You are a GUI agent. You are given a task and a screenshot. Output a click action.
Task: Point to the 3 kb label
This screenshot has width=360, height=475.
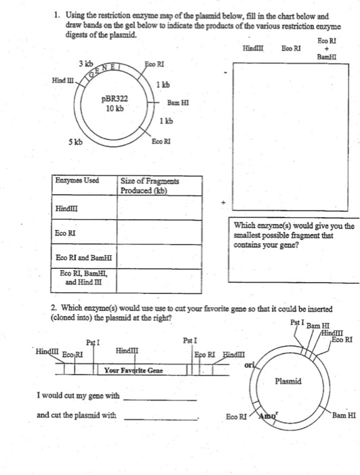85,64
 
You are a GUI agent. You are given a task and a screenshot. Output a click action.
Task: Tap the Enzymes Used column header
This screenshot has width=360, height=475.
78,180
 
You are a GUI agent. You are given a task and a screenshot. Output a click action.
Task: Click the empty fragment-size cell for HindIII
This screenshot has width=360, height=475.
160,210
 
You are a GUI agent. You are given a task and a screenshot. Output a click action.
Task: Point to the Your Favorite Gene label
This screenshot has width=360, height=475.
134,370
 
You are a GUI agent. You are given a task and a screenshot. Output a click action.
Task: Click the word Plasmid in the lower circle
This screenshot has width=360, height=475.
289,382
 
